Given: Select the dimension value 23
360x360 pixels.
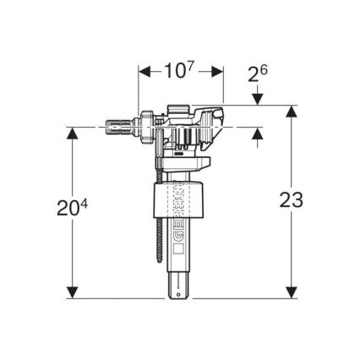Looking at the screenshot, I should [x=291, y=200].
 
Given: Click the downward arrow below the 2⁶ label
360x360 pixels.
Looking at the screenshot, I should [x=258, y=100].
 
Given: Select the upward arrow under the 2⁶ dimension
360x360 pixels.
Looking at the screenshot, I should [x=258, y=134].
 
